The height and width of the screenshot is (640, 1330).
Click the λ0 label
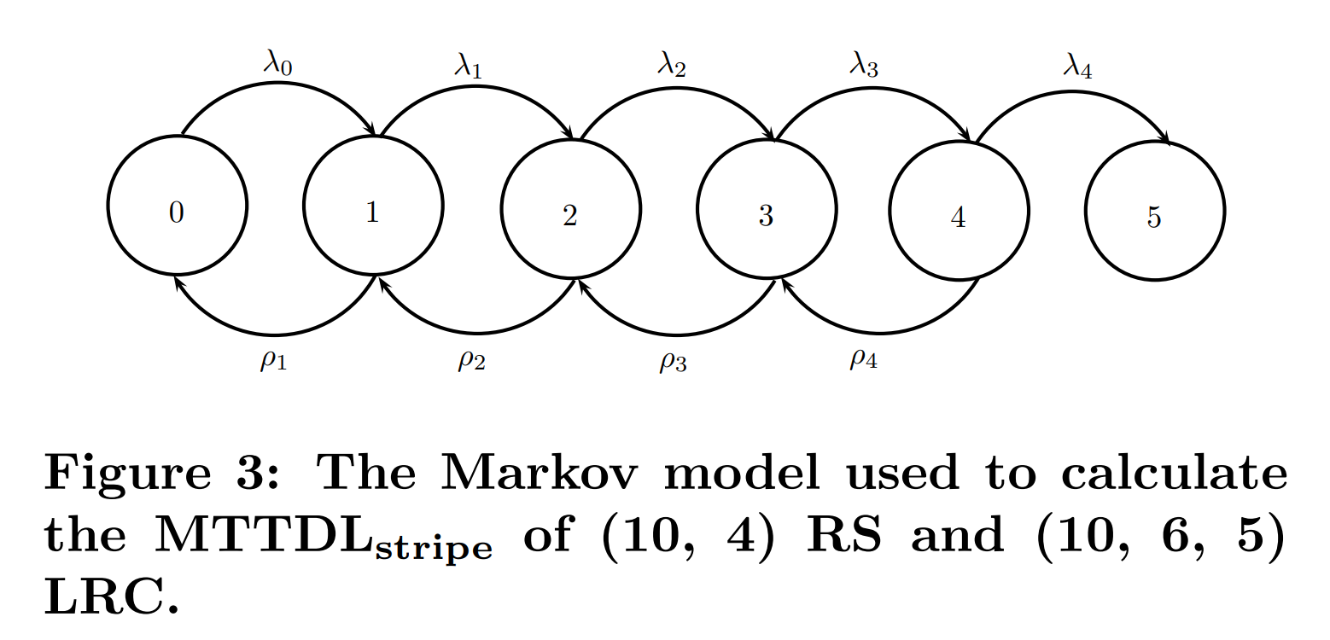click(x=277, y=62)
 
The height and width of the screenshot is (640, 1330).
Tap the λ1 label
click(x=468, y=66)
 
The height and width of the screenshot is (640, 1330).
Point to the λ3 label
click(x=863, y=66)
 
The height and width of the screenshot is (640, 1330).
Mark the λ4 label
click(x=1076, y=66)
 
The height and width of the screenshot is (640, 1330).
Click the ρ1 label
click(x=273, y=361)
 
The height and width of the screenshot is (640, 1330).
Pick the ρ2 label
click(x=471, y=361)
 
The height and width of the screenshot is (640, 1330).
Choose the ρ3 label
click(x=672, y=363)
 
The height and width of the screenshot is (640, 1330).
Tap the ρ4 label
click(x=863, y=359)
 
